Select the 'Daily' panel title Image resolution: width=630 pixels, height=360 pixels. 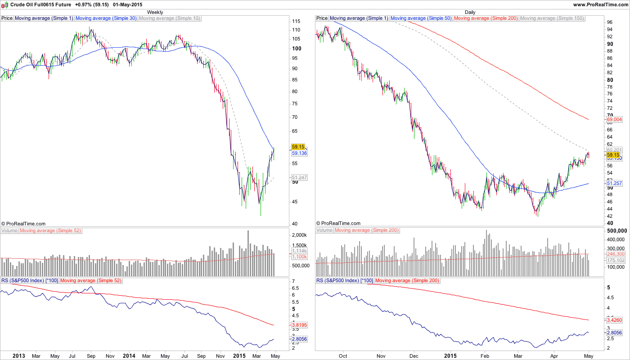pyautogui.click(x=470, y=12)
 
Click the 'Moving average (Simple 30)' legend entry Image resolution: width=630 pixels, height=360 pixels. pyautogui.click(x=106, y=18)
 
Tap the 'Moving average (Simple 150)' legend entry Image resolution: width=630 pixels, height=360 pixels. pyautogui.click(x=552, y=18)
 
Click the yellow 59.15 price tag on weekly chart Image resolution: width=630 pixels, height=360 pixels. pyautogui.click(x=298, y=147)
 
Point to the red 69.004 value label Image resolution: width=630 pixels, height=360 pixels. pyautogui.click(x=614, y=120)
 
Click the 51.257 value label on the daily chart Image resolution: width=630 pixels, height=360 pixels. pyautogui.click(x=614, y=184)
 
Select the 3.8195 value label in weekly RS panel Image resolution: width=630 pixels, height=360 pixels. pyautogui.click(x=299, y=324)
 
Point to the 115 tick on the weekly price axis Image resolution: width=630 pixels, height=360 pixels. pyautogui.click(x=296, y=22)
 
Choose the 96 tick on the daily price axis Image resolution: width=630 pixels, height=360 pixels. pyautogui.click(x=610, y=22)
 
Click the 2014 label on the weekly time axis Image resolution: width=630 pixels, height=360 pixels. pyautogui.click(x=129, y=356)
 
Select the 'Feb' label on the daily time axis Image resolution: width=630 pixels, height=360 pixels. pyautogui.click(x=485, y=356)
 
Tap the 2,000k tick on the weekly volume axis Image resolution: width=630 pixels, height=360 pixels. pyautogui.click(x=299, y=235)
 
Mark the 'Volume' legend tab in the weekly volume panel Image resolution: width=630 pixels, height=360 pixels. pyautogui.click(x=9, y=230)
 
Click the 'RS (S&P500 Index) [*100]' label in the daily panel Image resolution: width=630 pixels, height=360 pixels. pyautogui.click(x=344, y=280)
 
